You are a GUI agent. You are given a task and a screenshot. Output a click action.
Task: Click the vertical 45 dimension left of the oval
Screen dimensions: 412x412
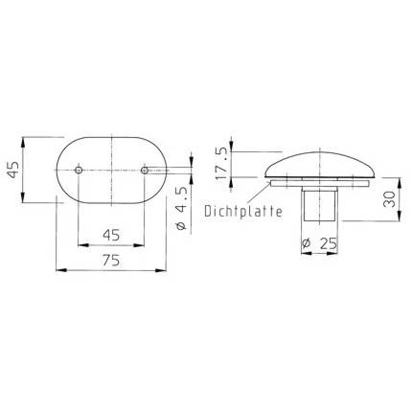[12, 172]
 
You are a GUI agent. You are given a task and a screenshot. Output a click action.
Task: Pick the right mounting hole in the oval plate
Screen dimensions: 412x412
[145, 172]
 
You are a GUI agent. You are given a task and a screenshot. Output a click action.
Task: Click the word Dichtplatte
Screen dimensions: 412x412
[242, 212]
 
